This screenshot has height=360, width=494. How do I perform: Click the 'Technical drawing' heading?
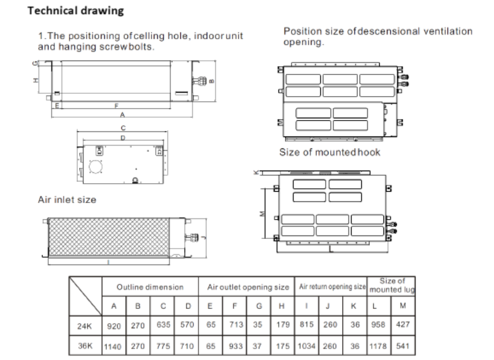(76, 11)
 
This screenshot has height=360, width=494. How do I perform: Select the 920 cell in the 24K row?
(114, 326)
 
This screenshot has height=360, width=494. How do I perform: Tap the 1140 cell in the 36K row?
(113, 346)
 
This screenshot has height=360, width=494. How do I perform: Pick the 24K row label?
(84, 326)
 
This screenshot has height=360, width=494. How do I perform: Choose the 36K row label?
(85, 346)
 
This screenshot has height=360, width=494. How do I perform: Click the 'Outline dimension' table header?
(150, 287)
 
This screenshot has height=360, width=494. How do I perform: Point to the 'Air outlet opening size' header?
(248, 287)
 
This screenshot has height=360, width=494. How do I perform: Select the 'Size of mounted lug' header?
(392, 285)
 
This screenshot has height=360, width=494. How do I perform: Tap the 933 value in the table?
(236, 346)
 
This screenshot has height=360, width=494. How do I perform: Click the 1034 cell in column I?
(307, 346)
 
